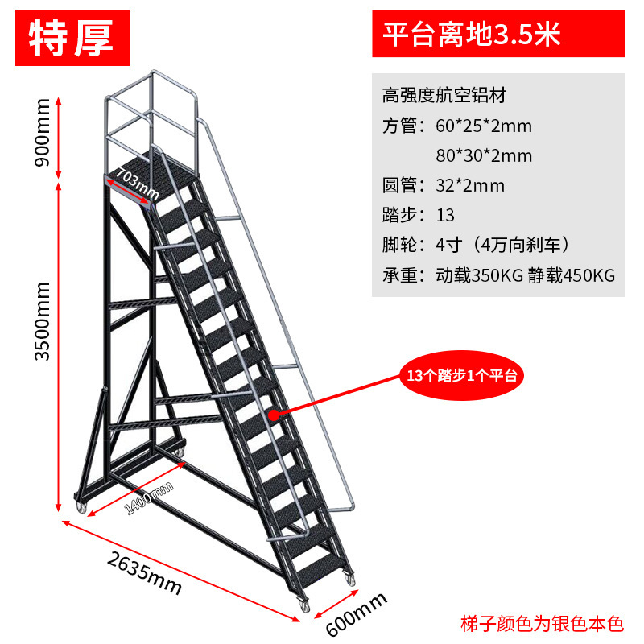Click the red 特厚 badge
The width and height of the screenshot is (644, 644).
pyautogui.click(x=72, y=37)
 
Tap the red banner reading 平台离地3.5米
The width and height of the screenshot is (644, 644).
pyautogui.click(x=497, y=35)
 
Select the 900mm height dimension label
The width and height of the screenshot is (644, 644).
pyautogui.click(x=43, y=131)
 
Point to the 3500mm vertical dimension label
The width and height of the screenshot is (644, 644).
pyautogui.click(x=43, y=320)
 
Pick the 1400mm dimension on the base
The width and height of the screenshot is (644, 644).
pyautogui.click(x=149, y=500)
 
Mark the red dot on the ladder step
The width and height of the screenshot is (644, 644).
pyautogui.click(x=274, y=415)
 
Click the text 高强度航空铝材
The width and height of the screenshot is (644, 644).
pyautogui.click(x=444, y=96)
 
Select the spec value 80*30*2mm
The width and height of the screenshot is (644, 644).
pyautogui.click(x=484, y=155)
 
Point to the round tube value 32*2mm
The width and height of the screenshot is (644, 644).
pyautogui.click(x=470, y=186)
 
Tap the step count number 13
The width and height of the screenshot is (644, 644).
pyautogui.click(x=445, y=216)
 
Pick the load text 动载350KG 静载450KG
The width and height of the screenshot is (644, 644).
pyautogui.click(x=525, y=275)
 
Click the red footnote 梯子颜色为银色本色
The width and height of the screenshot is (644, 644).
pyautogui.click(x=542, y=623)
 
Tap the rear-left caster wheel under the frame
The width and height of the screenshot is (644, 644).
pyautogui.click(x=82, y=508)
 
